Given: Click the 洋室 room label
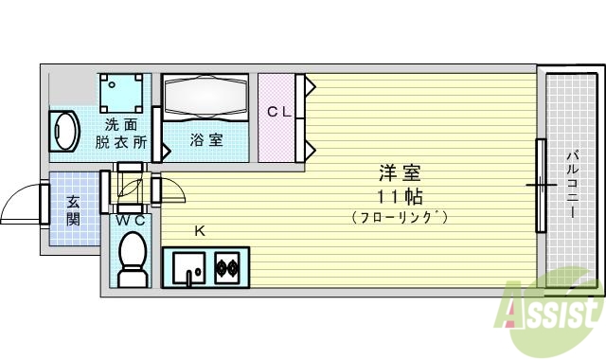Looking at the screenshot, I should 399,174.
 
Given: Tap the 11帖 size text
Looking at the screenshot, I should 399,196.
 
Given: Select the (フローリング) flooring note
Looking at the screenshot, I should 399,218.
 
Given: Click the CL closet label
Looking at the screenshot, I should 277,112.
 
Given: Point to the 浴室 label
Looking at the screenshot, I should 206,140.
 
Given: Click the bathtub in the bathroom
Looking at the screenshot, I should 205,99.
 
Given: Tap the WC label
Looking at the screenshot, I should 131,221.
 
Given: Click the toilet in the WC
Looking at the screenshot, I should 131,259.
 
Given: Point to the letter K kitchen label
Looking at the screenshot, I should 200,230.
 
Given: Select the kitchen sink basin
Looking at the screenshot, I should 188,267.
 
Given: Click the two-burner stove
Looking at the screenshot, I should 228,267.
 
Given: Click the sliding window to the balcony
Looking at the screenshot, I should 541,185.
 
